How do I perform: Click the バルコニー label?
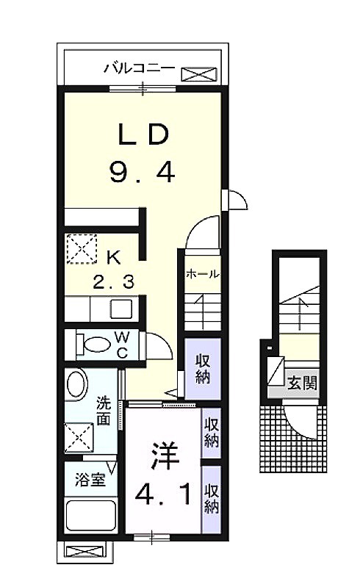click(140, 68)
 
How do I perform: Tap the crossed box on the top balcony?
click(199, 74)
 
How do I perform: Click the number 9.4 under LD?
click(143, 171)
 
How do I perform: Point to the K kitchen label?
click(113, 258)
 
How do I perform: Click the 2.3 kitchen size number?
click(113, 281)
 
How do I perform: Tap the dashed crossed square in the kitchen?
click(82, 249)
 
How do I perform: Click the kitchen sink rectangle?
click(121, 309)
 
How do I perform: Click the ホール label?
click(203, 274)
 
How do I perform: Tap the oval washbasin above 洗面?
click(77, 385)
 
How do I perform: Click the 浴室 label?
click(90, 480)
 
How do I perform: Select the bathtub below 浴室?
click(90, 515)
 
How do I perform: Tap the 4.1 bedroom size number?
click(163, 494)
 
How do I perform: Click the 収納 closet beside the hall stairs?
click(203, 369)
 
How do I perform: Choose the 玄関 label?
click(303, 383)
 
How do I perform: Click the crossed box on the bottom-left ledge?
click(84, 551)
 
